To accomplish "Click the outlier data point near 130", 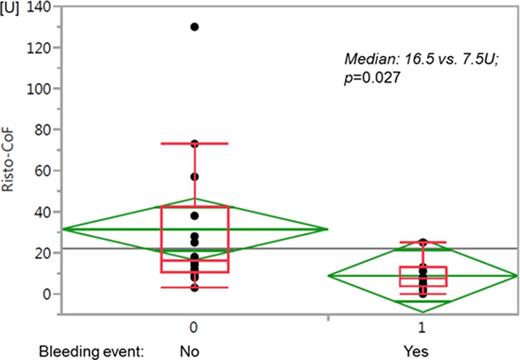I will tap(194, 27).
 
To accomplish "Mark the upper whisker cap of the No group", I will tap(194, 143).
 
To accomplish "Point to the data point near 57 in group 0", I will tap(194, 176).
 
